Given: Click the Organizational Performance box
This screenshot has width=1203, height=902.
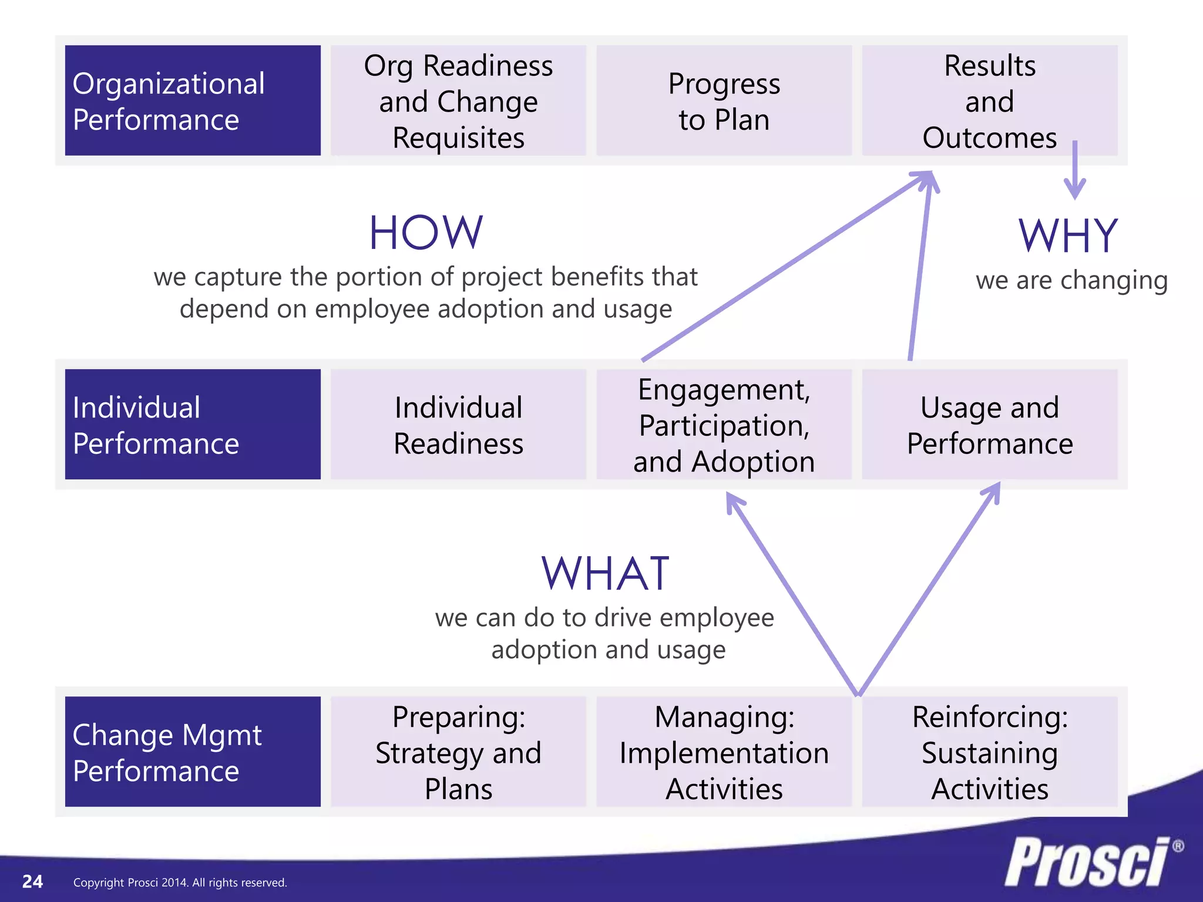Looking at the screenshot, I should [x=193, y=100].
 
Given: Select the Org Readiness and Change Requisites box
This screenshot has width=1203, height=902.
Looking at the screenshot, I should [x=458, y=100].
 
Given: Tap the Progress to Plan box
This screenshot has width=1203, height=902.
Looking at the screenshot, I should [x=724, y=100].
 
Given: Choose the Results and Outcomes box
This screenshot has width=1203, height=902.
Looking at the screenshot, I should [x=989, y=100].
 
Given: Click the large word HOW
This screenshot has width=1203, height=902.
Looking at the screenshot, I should [x=426, y=233].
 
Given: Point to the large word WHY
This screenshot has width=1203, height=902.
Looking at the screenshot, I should [x=1068, y=236].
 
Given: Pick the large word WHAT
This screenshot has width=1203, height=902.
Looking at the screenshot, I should [x=605, y=574].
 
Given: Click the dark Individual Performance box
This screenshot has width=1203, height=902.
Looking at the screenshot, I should [x=193, y=424].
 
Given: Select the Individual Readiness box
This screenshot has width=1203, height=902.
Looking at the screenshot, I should [x=458, y=424].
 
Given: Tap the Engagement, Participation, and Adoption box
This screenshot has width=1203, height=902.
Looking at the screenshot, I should [x=724, y=424].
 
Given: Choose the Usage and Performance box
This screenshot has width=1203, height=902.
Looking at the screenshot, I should [x=989, y=424].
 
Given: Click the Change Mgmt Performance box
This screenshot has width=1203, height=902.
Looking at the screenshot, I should [x=193, y=752].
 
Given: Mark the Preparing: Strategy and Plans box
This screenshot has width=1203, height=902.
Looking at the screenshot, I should [x=458, y=752].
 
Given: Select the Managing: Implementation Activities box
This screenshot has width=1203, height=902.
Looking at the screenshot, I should [x=724, y=752].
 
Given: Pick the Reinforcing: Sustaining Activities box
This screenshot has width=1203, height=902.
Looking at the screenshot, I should [x=989, y=752].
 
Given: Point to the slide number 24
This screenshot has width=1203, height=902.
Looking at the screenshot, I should [x=32, y=881].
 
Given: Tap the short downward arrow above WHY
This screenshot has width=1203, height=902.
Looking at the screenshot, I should [x=1075, y=171].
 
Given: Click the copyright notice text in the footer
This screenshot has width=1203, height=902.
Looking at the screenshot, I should [x=180, y=883].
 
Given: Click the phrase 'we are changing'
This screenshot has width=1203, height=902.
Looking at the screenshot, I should [x=1071, y=281].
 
